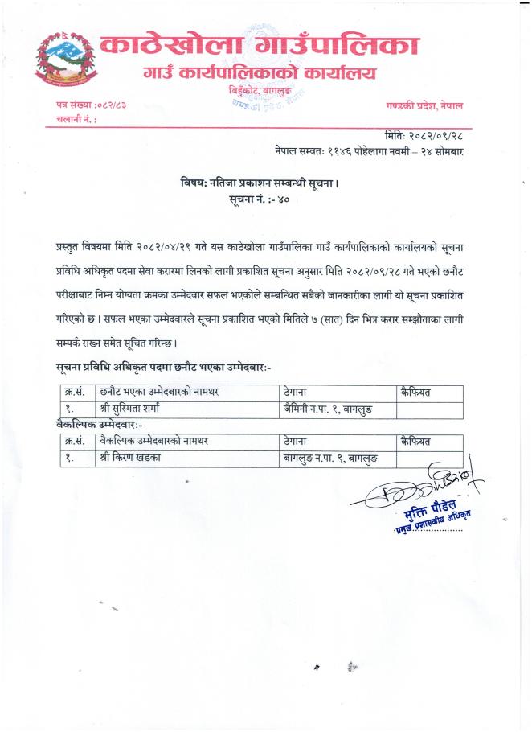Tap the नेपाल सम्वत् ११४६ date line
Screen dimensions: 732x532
374,150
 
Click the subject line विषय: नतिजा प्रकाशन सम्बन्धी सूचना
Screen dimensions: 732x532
260,183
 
